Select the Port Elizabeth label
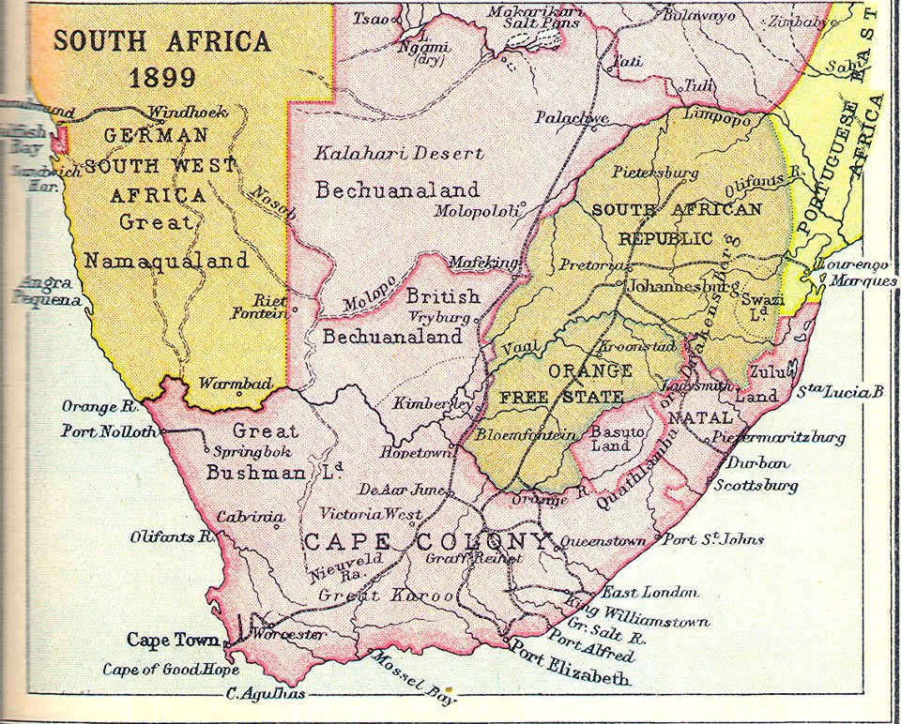click(569, 663)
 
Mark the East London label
click(649, 592)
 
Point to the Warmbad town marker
click(239, 395)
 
